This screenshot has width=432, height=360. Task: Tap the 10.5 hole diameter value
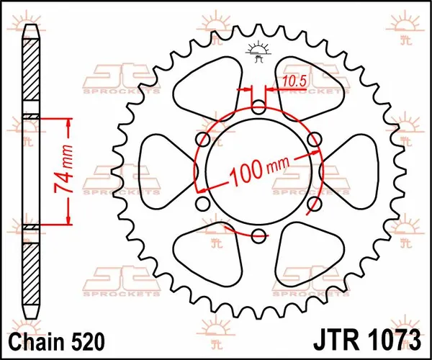point(292,81)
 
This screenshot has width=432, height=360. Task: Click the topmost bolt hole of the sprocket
point(259,108)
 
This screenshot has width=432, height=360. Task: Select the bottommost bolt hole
point(259,233)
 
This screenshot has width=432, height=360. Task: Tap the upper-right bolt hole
point(313,139)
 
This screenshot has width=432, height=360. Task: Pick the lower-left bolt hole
point(204,202)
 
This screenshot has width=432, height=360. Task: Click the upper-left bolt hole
point(204,139)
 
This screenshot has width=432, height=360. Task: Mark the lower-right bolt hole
point(313,202)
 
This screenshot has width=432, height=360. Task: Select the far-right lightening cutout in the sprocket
point(358,171)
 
